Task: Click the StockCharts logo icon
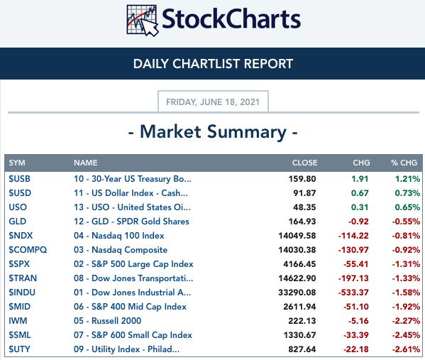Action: (143, 21)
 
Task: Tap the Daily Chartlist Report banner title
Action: (213, 64)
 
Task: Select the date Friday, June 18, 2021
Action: (213, 102)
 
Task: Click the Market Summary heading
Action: (213, 132)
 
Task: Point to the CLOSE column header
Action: (304, 163)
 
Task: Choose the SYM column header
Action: (17, 163)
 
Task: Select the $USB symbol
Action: (19, 179)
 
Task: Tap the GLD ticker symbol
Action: (17, 222)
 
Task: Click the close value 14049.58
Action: (297, 236)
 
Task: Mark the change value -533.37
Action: (353, 293)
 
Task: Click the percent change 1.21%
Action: (407, 179)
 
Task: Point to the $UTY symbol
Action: (19, 349)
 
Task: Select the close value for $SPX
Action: (299, 264)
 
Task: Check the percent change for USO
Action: (407, 207)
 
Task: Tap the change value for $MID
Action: (356, 307)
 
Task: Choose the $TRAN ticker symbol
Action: (23, 278)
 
